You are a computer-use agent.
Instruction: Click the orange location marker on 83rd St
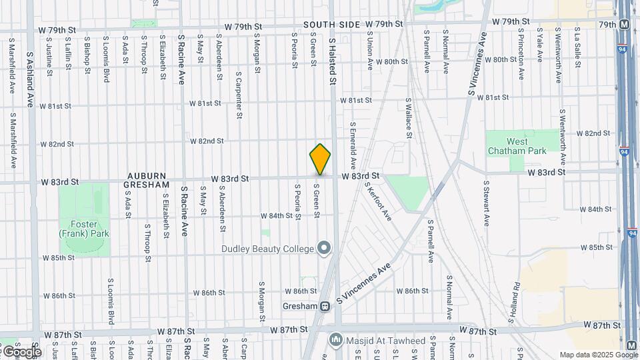pyautogui.click(x=320, y=159)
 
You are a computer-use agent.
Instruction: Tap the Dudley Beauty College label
pyautogui.click(x=267, y=249)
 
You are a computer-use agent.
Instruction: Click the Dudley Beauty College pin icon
pyautogui.click(x=325, y=249)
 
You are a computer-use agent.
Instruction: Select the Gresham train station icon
pyautogui.click(x=325, y=307)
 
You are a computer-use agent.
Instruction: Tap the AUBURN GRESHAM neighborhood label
pyautogui.click(x=148, y=179)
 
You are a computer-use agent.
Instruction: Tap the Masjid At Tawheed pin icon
pyautogui.click(x=336, y=341)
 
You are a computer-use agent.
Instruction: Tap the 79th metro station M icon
pyautogui.click(x=625, y=25)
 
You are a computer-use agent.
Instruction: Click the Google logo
pyautogui.click(x=21, y=351)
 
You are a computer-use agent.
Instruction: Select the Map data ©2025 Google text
pyautogui.click(x=598, y=355)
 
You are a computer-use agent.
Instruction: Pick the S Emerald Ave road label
pyautogui.click(x=353, y=145)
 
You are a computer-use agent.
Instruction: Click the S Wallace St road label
pyautogui.click(x=407, y=118)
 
